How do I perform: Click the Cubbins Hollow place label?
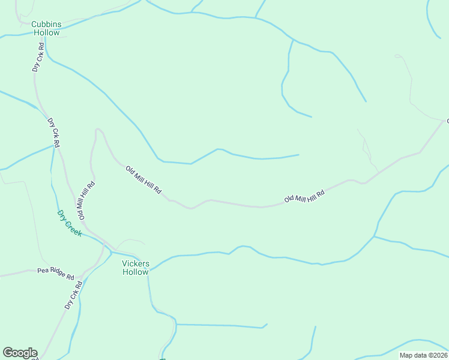pyautogui.click(x=46, y=28)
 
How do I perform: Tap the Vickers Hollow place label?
pyautogui.click(x=135, y=268)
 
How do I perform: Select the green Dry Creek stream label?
pyautogui.click(x=69, y=223)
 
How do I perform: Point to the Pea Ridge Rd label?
pyautogui.click(x=55, y=274)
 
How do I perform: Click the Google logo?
pyautogui.click(x=20, y=353)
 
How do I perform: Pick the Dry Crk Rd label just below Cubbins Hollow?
pyautogui.click(x=38, y=58)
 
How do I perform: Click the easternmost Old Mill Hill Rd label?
pyautogui.click(x=304, y=196)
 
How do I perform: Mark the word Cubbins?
pyautogui.click(x=46, y=24)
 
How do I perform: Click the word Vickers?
pyautogui.click(x=135, y=263)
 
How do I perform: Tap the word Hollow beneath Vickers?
pyautogui.click(x=135, y=272)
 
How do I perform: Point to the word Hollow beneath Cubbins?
pyautogui.click(x=46, y=33)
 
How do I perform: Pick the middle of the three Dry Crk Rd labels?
pyautogui.click(x=53, y=133)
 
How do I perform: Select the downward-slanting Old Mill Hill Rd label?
pyautogui.click(x=143, y=179)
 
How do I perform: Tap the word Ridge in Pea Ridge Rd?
pyautogui.click(x=56, y=274)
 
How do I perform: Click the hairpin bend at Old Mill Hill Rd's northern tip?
pyautogui.click(x=98, y=130)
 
